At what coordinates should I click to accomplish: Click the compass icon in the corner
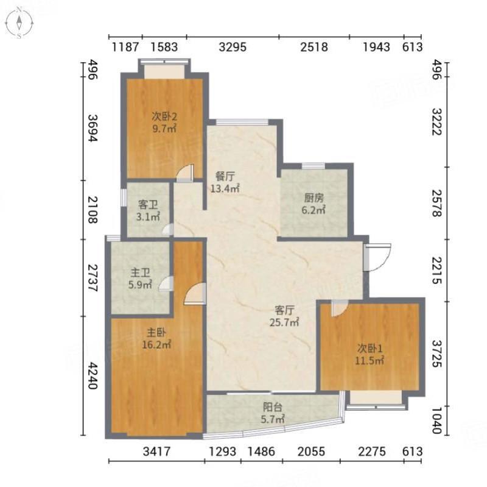click(19, 23)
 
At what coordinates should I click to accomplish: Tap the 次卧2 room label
click(164, 116)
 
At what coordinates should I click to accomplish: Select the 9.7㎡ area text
click(164, 128)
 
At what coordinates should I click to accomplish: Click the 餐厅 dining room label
click(225, 176)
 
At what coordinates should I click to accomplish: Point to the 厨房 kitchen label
click(314, 197)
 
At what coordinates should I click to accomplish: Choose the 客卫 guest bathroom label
click(148, 205)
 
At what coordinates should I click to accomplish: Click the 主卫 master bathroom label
click(140, 272)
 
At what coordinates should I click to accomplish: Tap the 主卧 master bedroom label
click(156, 332)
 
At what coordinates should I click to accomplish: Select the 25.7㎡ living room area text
click(284, 322)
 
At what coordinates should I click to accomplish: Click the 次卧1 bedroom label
click(370, 348)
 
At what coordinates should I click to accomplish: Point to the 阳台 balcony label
click(273, 407)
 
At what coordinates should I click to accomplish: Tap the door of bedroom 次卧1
click(340, 309)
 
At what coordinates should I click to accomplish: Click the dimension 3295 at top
click(233, 47)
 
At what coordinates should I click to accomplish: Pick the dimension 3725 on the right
click(437, 354)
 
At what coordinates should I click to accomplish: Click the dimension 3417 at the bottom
click(156, 451)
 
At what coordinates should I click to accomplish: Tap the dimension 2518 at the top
click(314, 47)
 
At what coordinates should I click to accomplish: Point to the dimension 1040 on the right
click(437, 421)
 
